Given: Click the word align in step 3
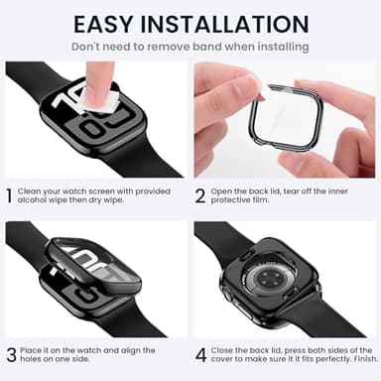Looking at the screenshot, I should [x=127, y=349].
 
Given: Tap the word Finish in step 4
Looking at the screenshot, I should [x=360, y=360].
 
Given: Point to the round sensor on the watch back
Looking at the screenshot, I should [x=281, y=289].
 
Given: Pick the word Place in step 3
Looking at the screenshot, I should [x=32, y=349].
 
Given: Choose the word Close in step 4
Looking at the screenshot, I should [x=223, y=349].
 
